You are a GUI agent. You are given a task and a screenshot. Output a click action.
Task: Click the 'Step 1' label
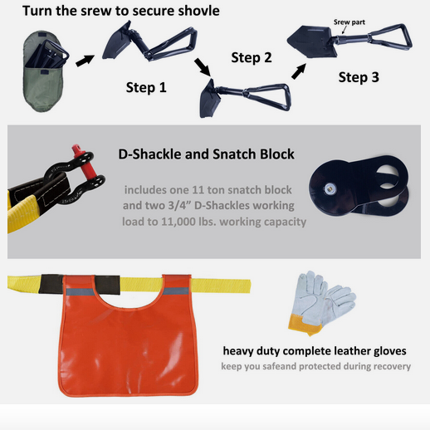click(146, 87)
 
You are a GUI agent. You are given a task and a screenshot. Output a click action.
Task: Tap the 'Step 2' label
click(252, 57)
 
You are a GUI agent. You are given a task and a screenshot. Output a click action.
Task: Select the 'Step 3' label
click(359, 77)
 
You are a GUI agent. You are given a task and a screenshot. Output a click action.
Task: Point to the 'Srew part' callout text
click(349, 22)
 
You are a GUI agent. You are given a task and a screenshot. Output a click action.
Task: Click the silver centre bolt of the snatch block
click(330, 188)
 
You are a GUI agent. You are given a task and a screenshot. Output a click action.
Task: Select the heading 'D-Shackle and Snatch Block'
click(206, 154)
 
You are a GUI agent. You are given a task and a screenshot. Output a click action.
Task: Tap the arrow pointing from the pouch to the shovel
click(85, 61)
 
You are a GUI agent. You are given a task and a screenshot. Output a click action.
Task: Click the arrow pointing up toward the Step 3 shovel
click(299, 71)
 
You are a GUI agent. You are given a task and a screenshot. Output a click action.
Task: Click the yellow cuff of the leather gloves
click(305, 325)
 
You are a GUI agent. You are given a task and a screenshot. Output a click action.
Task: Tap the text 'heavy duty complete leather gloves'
click(315, 351)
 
